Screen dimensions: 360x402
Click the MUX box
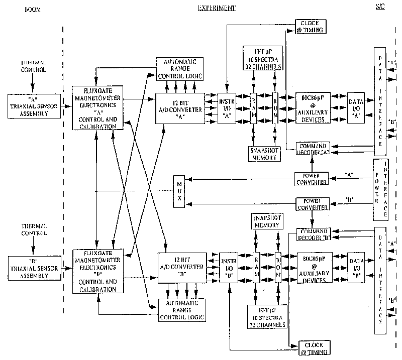(x=179, y=192)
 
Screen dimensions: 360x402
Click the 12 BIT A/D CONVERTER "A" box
(x=180, y=107)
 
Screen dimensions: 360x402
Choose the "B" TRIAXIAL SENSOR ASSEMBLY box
(x=34, y=266)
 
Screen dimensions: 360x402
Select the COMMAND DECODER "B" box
(x=313, y=234)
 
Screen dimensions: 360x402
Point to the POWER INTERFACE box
(x=380, y=189)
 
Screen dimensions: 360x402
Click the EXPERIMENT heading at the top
(x=217, y=9)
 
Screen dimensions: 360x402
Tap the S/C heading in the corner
(x=382, y=7)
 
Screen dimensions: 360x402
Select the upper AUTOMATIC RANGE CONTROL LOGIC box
(x=179, y=69)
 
